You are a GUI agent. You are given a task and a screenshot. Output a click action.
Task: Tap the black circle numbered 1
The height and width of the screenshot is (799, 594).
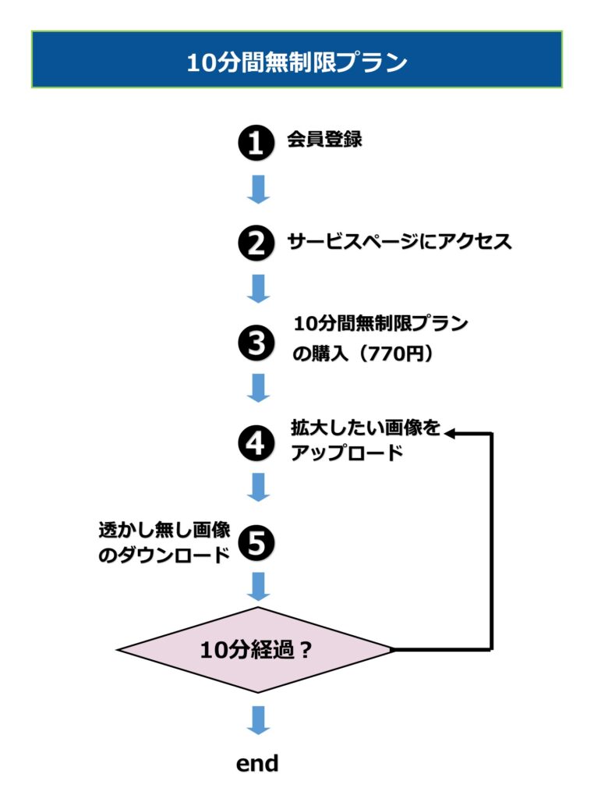(256, 144)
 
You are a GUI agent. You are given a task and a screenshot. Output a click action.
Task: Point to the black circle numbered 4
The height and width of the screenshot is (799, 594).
(256, 443)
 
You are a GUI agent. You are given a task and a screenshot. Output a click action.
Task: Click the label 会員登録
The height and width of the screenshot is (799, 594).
(324, 140)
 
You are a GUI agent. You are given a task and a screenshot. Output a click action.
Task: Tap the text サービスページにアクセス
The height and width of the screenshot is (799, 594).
(399, 241)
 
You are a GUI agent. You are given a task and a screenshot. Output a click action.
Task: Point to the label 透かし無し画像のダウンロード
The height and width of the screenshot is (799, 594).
(164, 542)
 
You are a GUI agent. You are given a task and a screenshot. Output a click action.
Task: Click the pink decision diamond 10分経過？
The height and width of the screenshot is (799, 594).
(256, 649)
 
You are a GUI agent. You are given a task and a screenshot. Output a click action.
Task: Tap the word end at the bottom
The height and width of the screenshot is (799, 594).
(257, 763)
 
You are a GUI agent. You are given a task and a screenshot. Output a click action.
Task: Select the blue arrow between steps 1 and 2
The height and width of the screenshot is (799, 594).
(257, 190)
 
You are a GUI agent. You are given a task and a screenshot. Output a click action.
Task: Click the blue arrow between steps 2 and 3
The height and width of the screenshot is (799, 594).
(257, 289)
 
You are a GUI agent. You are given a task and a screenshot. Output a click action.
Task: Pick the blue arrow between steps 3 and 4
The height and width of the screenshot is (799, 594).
(257, 388)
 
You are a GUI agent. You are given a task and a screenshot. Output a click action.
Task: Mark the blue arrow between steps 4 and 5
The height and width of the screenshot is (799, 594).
(257, 487)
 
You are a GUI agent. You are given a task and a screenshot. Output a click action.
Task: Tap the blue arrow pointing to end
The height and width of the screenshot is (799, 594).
(257, 719)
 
